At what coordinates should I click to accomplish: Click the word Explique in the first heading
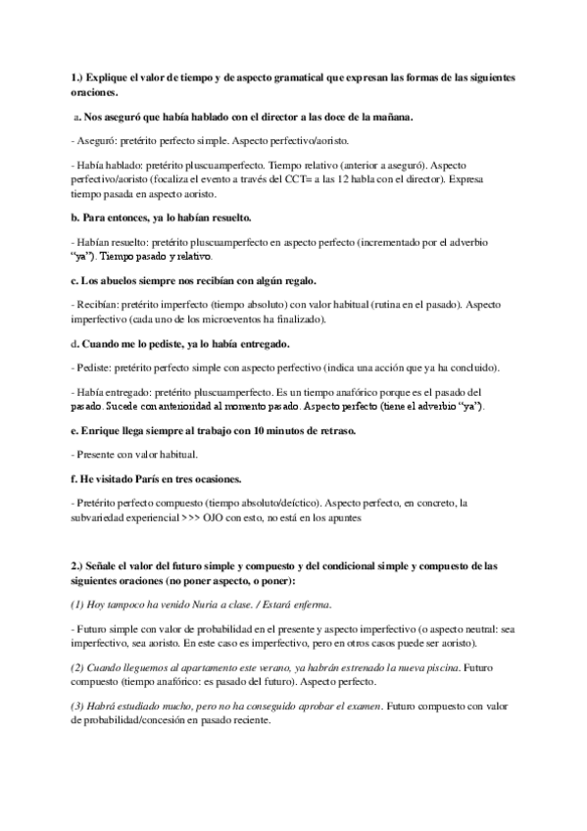[x=109, y=76]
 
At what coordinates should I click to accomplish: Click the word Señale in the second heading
[x=108, y=565]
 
